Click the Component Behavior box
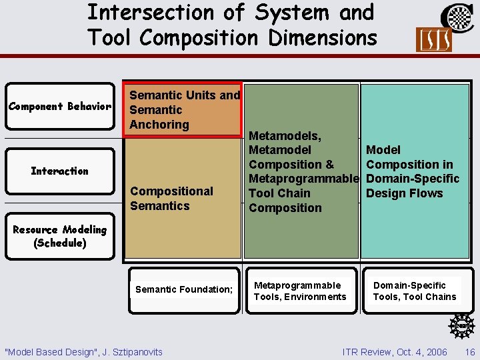(x=60, y=107)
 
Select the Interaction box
(x=60, y=171)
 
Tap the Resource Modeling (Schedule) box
(x=60, y=236)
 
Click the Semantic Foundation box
(x=184, y=289)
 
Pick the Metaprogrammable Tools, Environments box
(x=300, y=291)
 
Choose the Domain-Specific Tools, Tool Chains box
(x=415, y=291)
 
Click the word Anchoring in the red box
(x=159, y=125)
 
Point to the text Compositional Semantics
(x=171, y=199)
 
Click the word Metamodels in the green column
(x=285, y=136)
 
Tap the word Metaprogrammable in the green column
(x=303, y=179)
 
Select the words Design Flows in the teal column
(x=404, y=193)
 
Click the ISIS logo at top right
(x=433, y=40)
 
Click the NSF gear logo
(x=461, y=326)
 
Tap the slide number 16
(x=470, y=352)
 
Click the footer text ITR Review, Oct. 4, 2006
(x=395, y=352)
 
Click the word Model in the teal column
(x=383, y=150)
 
